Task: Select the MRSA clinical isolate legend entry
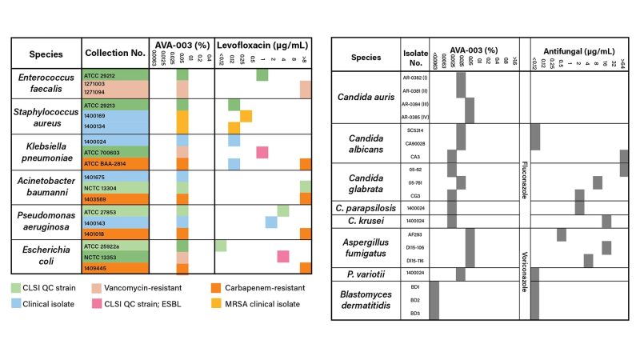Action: pyautogui.click(x=267, y=304)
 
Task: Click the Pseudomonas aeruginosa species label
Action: pyautogui.click(x=46, y=221)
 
